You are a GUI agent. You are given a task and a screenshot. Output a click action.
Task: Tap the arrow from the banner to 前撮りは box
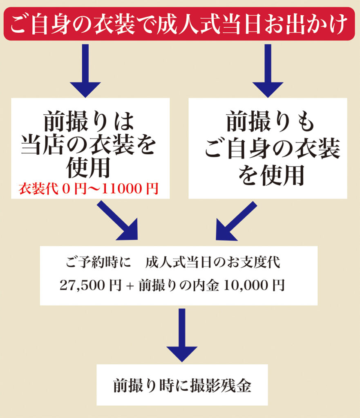point(85,69)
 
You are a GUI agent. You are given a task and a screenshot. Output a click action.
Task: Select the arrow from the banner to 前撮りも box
point(268,69)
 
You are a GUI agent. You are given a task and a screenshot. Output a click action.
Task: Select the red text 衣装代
point(33,189)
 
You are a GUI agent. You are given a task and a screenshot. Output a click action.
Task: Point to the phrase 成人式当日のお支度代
point(212,263)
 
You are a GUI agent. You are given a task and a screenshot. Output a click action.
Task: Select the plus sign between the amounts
point(130,286)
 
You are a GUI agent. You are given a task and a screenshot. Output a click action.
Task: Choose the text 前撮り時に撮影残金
point(182,386)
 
